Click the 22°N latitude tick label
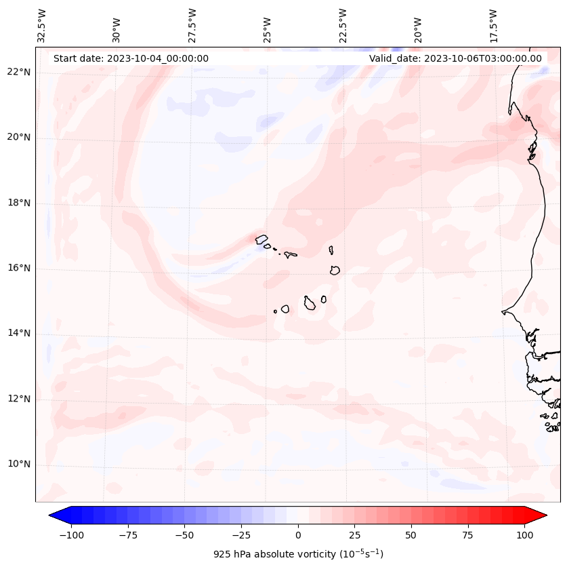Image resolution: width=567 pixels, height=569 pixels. click(x=19, y=73)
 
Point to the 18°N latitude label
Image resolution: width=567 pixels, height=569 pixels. click(x=19, y=203)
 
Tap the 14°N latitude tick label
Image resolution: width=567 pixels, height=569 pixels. click(x=19, y=334)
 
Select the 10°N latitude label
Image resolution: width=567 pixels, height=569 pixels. click(x=19, y=465)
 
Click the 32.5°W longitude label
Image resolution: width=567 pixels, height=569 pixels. click(x=42, y=26)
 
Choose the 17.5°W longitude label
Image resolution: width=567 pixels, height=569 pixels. click(x=493, y=26)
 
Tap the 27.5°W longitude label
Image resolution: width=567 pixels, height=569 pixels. click(x=192, y=26)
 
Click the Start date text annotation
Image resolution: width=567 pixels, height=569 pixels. click(x=131, y=58)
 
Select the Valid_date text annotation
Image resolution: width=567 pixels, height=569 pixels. click(x=455, y=58)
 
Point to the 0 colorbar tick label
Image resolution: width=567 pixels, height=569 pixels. click(x=297, y=535)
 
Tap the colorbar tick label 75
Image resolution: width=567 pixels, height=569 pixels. click(x=467, y=535)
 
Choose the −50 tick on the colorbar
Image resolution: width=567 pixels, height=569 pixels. click(x=184, y=535)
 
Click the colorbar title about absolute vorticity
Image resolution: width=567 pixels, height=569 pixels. click(x=298, y=554)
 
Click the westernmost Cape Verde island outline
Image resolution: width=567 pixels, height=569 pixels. click(x=261, y=239)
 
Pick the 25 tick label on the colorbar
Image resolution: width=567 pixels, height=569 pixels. click(x=354, y=535)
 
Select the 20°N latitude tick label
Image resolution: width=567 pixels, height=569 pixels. click(x=19, y=138)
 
